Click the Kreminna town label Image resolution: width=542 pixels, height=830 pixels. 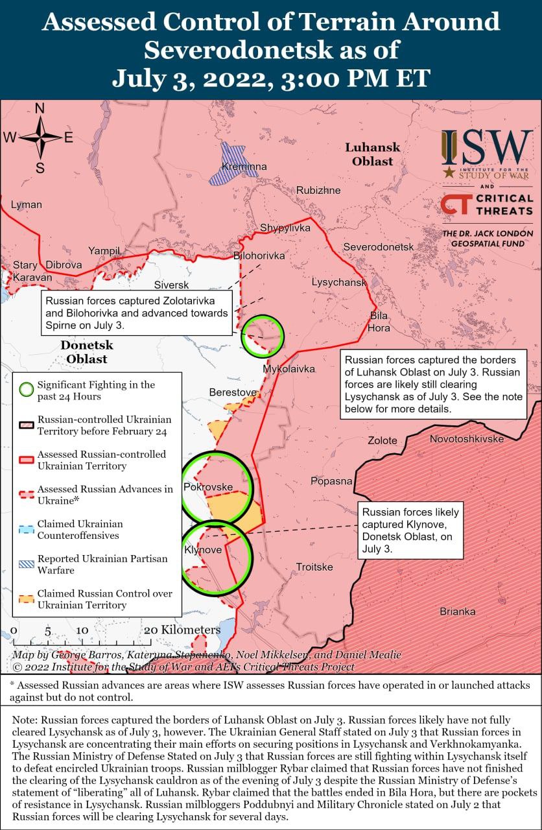pos(244,167)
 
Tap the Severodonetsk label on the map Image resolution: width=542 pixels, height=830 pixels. pos(378,247)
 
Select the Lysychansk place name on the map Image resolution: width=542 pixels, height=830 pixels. pos(338,283)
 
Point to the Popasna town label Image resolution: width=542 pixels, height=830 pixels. pos(331,480)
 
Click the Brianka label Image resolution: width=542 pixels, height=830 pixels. pos(457,611)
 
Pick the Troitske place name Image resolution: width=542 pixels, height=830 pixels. pos(314,567)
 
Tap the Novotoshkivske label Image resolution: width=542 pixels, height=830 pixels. pos(466,439)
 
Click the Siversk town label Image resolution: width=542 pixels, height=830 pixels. pos(171,285)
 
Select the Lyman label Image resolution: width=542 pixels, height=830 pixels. pos(27,205)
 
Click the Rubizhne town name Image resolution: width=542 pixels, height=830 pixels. pos(318,191)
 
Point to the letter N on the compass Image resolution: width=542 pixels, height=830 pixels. pos(39,109)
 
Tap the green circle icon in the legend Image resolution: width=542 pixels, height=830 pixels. pos(25,390)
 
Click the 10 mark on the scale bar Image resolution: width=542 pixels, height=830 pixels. pos(82,630)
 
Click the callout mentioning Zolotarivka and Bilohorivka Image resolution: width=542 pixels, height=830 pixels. pos(136,312)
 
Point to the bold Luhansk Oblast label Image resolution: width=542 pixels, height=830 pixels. pos(372,154)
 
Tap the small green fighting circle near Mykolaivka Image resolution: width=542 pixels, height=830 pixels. pos(263,335)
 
